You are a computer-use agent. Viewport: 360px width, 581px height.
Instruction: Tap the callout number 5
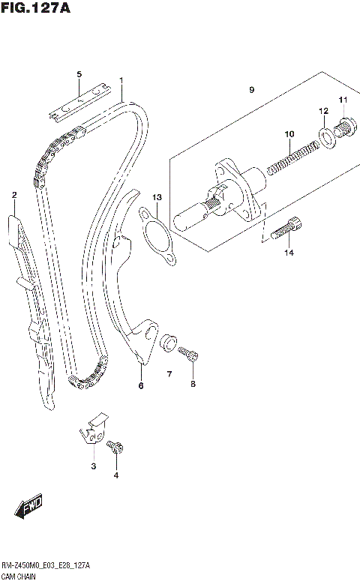(78, 73)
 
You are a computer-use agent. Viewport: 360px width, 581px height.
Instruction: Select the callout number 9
(252, 90)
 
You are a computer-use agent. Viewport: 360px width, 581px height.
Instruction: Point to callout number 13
(156, 197)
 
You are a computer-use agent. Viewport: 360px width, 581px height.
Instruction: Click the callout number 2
(13, 195)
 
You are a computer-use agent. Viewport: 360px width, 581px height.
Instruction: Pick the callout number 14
(289, 253)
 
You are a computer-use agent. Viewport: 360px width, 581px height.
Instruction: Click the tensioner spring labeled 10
(289, 159)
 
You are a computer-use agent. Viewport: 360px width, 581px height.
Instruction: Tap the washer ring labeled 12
(327, 136)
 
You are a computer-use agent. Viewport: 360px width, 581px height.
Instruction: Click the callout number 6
(140, 386)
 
